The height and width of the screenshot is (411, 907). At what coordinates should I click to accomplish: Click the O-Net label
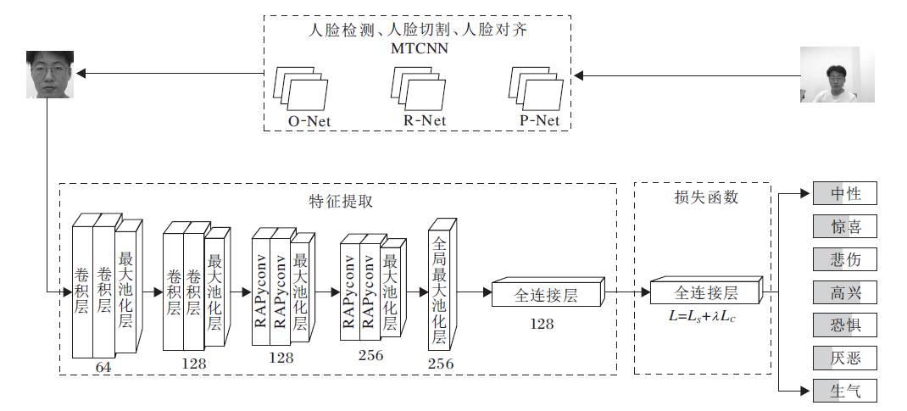tap(309, 121)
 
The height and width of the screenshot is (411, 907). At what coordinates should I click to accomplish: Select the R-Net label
tap(425, 120)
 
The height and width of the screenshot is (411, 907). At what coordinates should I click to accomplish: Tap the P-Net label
tap(540, 120)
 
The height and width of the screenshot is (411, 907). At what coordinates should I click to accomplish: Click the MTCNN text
tap(419, 48)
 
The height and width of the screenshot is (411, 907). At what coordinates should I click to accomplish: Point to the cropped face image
tap(49, 75)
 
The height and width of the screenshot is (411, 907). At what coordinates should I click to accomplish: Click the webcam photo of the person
tap(836, 75)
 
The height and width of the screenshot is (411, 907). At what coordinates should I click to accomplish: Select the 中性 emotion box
tap(844, 194)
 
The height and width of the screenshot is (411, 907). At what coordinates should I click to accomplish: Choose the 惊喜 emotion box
tap(844, 226)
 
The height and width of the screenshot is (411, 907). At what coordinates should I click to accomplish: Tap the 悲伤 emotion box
tap(844, 259)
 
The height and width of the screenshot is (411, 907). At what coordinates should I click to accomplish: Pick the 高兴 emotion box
tap(844, 292)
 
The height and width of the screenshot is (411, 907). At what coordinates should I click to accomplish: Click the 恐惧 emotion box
tap(844, 325)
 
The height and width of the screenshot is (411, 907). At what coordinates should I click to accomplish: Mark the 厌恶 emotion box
tap(844, 358)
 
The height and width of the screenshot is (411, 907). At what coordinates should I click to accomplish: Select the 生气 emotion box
tap(844, 391)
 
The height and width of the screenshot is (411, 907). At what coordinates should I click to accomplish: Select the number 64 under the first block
tap(103, 367)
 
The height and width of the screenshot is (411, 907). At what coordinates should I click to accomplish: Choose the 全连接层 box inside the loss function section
tap(705, 293)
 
